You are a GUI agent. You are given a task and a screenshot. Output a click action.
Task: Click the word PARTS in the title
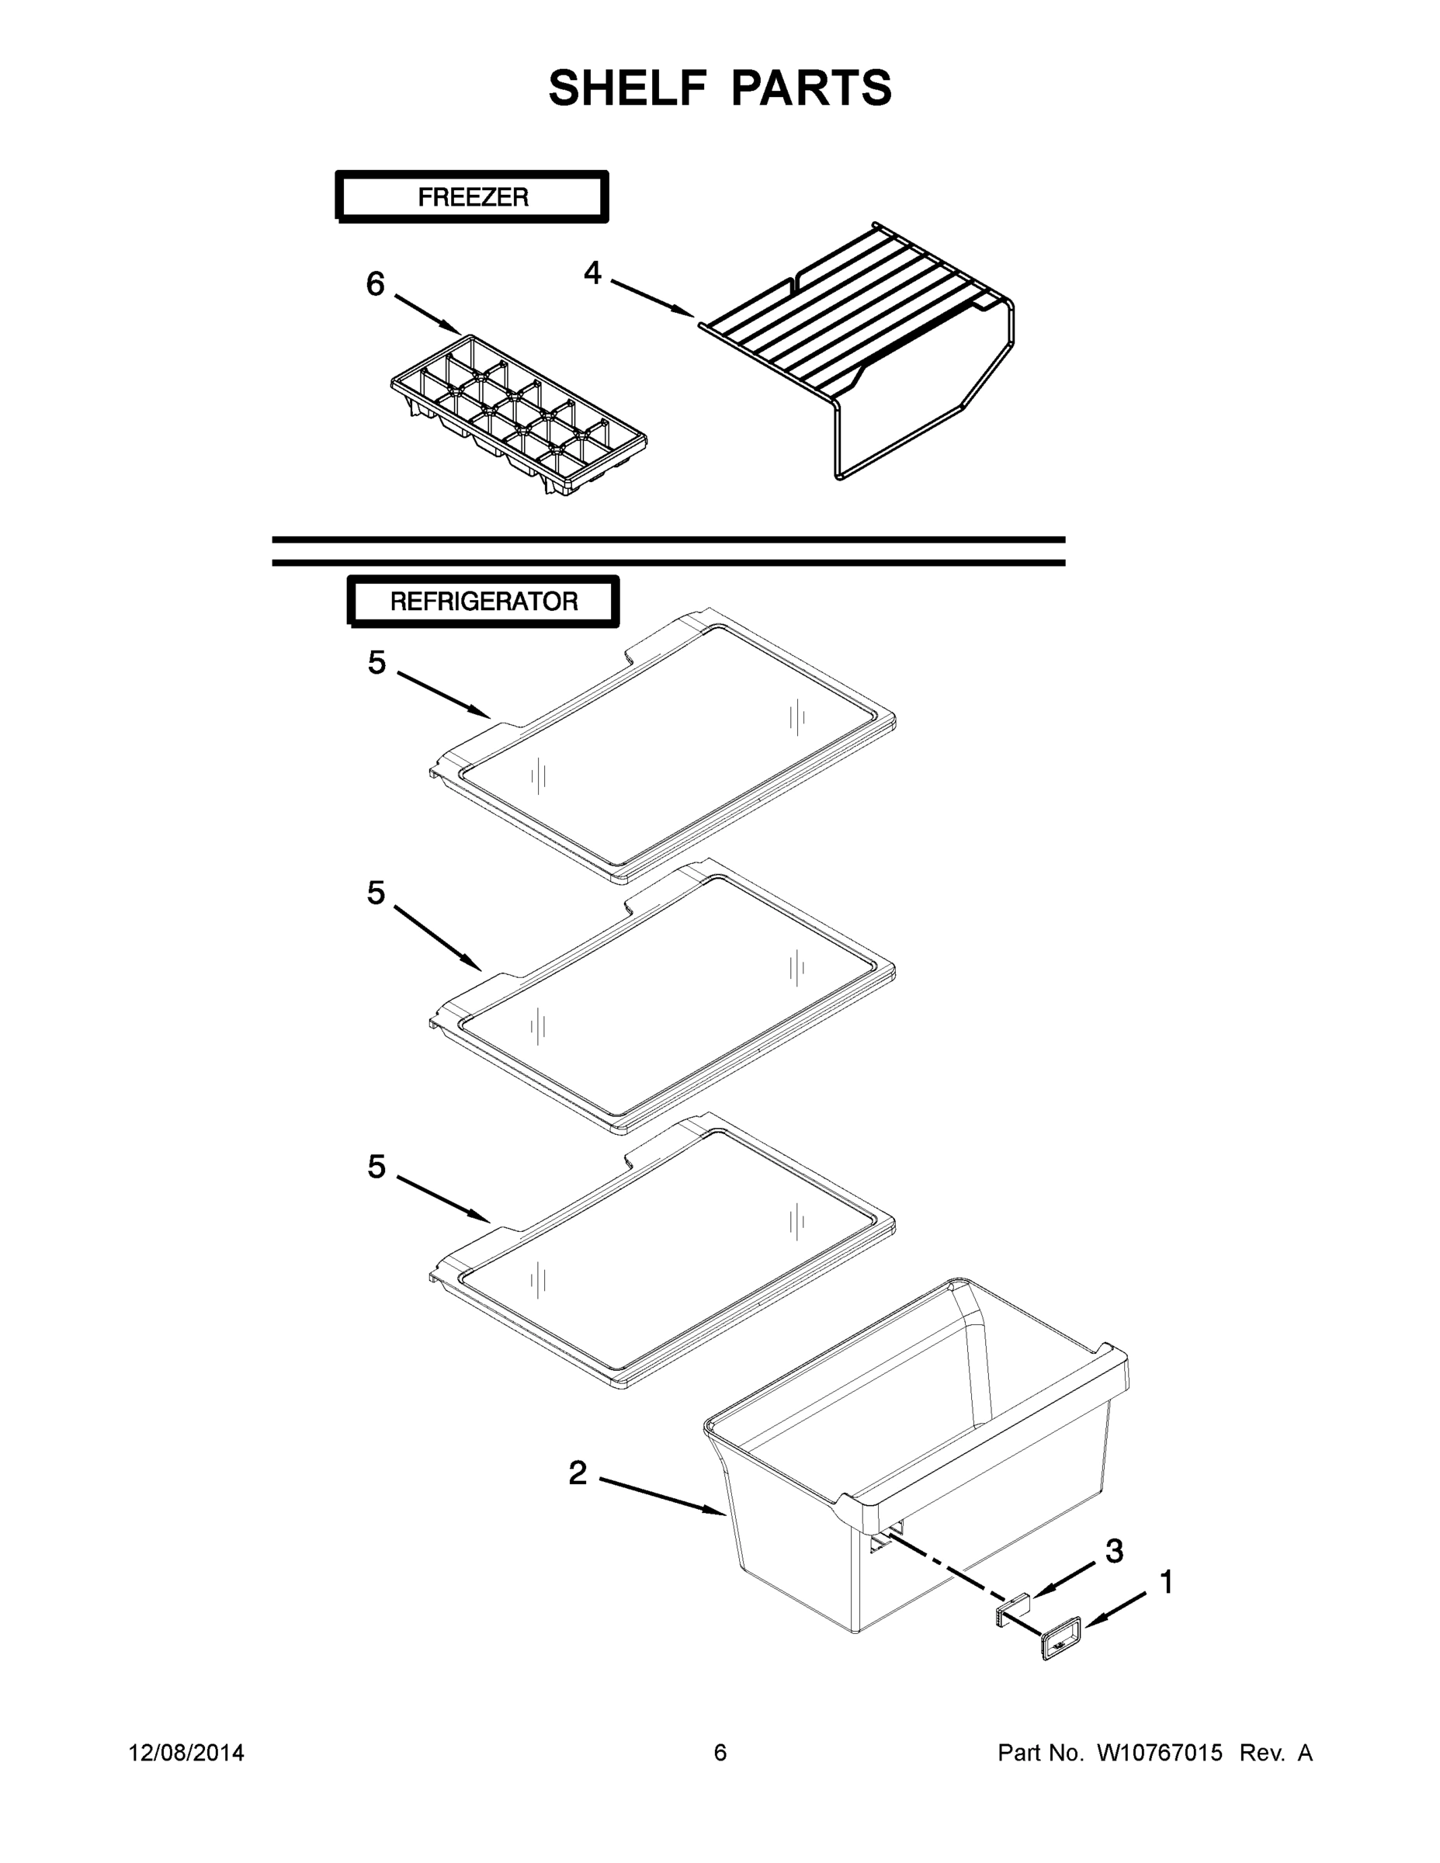[811, 88]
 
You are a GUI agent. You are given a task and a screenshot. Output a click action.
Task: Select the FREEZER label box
[472, 197]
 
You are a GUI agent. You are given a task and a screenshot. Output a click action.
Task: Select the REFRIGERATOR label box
[484, 602]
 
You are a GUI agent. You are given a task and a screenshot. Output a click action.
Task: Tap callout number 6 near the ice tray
[376, 284]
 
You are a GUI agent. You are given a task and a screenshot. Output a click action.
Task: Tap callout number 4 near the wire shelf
[592, 273]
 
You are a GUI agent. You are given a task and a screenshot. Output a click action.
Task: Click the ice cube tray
[519, 414]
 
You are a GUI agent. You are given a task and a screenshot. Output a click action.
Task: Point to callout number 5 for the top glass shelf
[376, 663]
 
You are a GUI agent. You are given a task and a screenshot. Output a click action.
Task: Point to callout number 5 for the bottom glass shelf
[376, 1167]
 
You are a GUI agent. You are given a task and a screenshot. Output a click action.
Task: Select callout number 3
[1114, 1552]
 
